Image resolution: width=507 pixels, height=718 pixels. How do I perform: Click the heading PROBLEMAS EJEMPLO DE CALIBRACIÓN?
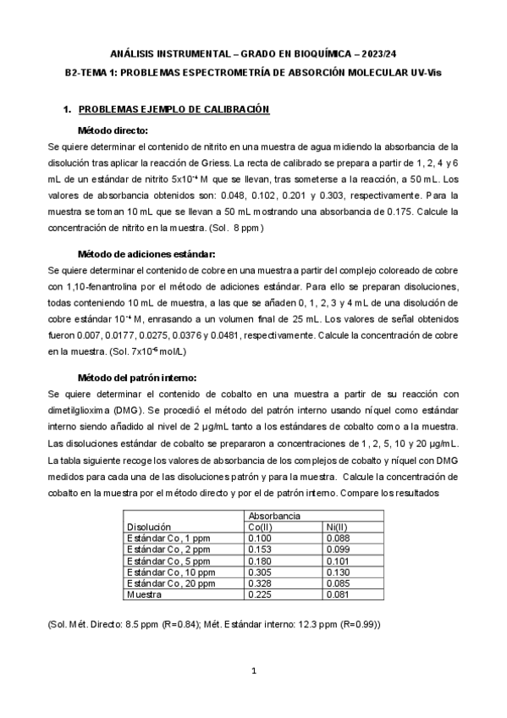[x=173, y=110]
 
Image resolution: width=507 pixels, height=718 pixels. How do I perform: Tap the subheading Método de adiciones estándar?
[x=146, y=254]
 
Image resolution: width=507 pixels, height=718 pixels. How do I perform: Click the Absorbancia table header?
[x=271, y=515]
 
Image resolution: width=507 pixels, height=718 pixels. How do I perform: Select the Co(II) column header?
[x=259, y=526]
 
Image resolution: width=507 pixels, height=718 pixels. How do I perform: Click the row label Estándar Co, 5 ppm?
[x=167, y=561]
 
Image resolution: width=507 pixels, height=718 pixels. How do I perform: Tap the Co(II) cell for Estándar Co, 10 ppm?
[x=259, y=572]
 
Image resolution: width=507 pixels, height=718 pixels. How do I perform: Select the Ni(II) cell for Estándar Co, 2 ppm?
[x=339, y=549]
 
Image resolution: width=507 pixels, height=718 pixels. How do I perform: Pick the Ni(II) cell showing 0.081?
[x=339, y=595]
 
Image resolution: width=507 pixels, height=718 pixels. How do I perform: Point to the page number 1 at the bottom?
[x=253, y=671]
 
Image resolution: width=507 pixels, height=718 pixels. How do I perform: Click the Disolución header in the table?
[x=148, y=526]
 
